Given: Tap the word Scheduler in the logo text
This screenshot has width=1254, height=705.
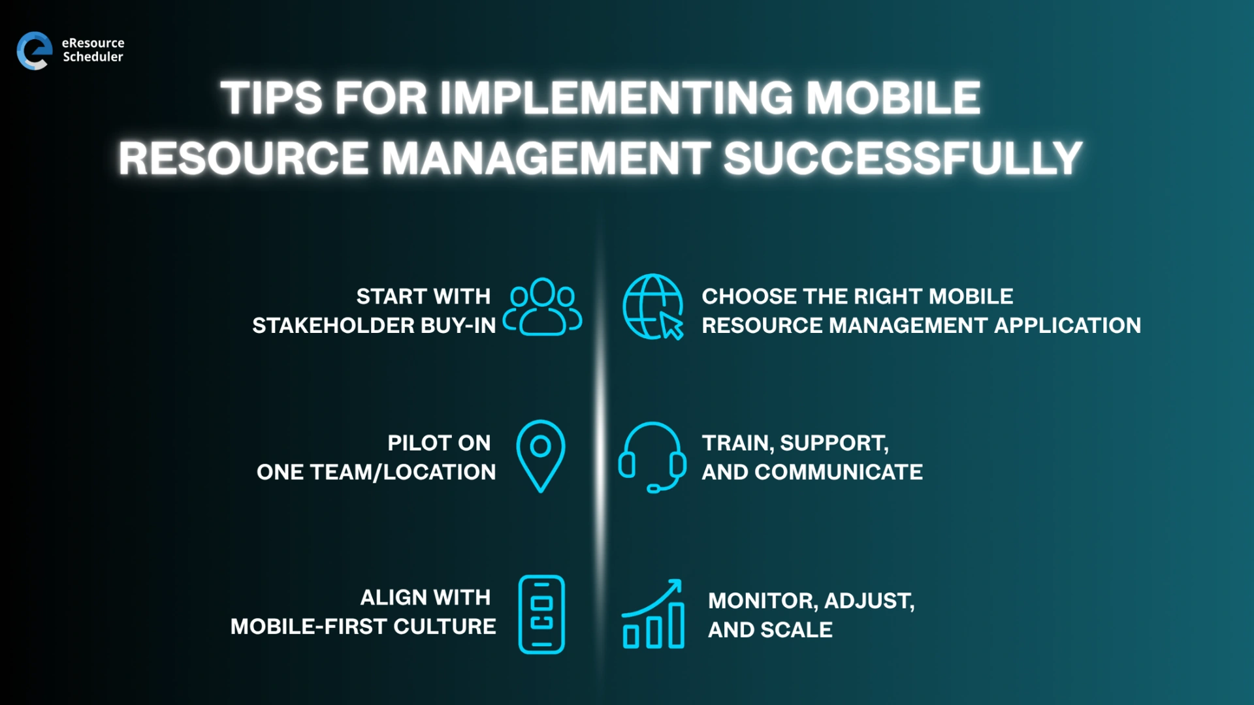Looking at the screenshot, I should tap(93, 57).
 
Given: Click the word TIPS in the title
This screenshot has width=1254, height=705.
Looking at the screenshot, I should tap(271, 99).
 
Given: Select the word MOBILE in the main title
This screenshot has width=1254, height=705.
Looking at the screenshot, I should tap(892, 99).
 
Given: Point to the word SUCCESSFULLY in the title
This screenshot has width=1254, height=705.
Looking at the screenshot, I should tap(903, 159).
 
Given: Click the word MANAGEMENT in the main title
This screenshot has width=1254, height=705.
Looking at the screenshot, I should tap(545, 159).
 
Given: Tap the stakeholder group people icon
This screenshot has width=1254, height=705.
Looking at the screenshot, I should tap(542, 307).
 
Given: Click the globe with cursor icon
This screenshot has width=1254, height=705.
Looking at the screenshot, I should tap(652, 307).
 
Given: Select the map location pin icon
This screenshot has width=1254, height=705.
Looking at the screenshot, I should tap(541, 456).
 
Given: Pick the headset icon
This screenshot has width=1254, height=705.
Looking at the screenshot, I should tap(652, 456).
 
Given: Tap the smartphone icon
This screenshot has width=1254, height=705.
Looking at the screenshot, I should tap(541, 614).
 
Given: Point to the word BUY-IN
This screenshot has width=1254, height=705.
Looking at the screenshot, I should tap(458, 325).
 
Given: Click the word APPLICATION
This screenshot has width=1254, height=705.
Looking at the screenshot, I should tap(1067, 325).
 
